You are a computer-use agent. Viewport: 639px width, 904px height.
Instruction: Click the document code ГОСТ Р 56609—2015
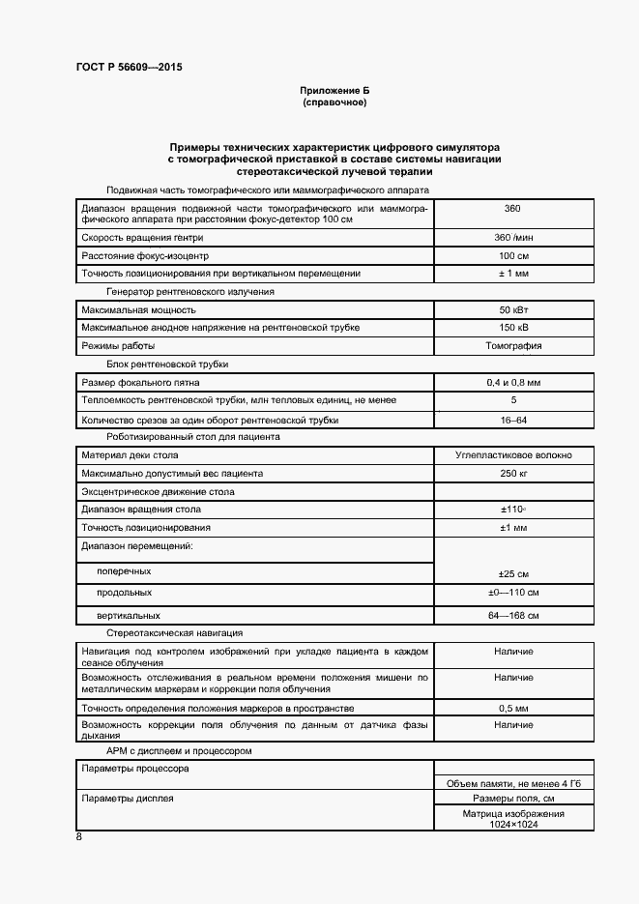(x=129, y=68)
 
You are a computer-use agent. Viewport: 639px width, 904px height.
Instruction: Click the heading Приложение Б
(x=334, y=90)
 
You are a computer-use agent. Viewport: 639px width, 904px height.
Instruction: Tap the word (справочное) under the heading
(x=334, y=102)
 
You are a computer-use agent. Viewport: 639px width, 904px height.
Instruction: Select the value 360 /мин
(x=513, y=238)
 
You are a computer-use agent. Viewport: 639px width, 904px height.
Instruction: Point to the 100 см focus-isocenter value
(x=513, y=255)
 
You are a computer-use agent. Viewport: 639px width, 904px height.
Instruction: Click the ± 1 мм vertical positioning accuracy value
(x=513, y=274)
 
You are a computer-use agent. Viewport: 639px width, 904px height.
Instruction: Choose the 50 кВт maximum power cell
(x=513, y=310)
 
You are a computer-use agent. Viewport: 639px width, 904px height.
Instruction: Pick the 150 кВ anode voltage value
(x=513, y=328)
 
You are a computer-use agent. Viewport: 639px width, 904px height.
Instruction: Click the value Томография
(x=513, y=345)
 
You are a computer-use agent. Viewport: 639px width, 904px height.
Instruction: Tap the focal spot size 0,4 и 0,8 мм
(x=513, y=383)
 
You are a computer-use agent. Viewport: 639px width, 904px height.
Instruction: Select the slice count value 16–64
(x=513, y=420)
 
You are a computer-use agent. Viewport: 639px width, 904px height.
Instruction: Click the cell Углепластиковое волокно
(x=513, y=455)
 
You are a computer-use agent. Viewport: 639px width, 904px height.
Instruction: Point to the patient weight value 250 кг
(x=513, y=474)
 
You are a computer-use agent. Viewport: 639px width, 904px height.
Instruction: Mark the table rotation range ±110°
(x=513, y=509)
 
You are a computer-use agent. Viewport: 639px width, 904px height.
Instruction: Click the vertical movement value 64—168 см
(x=513, y=615)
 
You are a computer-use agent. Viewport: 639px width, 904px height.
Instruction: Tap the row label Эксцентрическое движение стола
(x=158, y=492)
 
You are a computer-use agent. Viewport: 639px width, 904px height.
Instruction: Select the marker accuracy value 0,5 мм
(x=513, y=709)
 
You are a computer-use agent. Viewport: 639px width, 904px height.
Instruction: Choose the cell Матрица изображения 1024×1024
(x=513, y=819)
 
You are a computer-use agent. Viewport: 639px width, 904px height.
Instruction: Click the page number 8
(x=78, y=837)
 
